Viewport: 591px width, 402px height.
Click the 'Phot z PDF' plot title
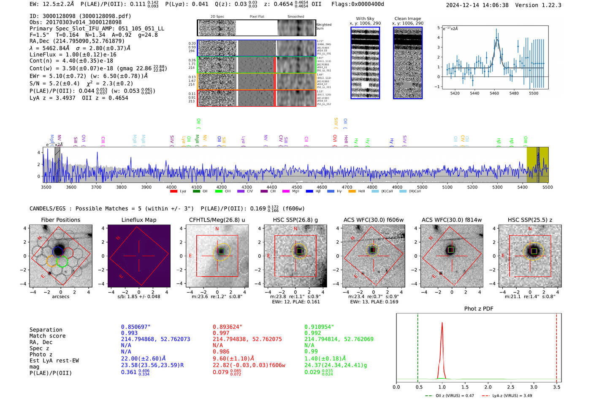[479, 309]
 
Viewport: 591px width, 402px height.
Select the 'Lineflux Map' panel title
[139, 220]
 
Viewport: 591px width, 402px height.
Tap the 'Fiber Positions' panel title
[60, 220]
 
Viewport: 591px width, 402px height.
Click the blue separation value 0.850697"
[136, 327]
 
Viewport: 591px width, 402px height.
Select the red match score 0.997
[221, 333]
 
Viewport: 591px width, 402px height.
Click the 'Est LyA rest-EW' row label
[54, 361]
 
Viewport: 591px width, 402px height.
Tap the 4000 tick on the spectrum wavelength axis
[171, 187]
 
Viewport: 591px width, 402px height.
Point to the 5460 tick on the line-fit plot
[494, 93]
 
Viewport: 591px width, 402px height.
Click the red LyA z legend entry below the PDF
[511, 396]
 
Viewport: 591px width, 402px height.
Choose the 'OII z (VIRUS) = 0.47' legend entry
[449, 396]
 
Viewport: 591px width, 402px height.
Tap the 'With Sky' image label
[365, 19]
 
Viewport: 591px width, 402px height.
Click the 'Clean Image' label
[408, 19]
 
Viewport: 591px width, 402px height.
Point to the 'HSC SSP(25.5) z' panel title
[530, 220]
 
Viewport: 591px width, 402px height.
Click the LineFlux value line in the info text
[73, 54]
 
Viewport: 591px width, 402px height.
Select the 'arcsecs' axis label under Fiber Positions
[60, 297]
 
